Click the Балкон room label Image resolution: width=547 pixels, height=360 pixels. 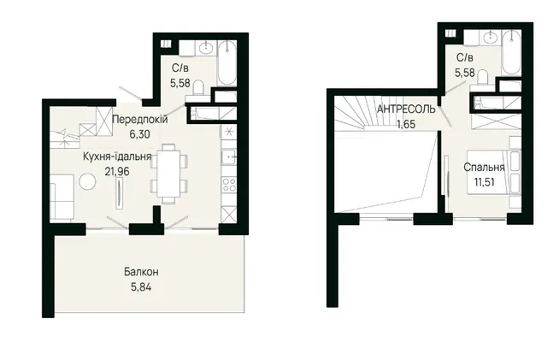pos(141,272)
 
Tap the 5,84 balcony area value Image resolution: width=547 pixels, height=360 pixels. pos(141,287)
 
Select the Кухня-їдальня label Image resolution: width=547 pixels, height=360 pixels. pos(117,156)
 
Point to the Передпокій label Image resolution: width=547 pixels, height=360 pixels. pos(140,120)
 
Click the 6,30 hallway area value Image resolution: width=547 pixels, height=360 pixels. pos(140,134)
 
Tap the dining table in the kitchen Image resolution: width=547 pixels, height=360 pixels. pos(169,174)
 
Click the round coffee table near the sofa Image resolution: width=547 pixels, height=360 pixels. pos(87,182)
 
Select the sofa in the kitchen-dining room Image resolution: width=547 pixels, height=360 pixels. pos(62,198)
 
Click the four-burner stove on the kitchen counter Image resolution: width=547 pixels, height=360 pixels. pos(229,185)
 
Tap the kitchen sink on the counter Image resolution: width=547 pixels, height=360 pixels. pos(229,156)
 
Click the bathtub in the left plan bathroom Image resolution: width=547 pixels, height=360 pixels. pos(226,62)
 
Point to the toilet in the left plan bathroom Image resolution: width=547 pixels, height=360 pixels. pos(198,87)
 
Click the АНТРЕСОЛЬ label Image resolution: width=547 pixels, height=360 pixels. pos(406,109)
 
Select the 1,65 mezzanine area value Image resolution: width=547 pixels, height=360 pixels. pos(406,124)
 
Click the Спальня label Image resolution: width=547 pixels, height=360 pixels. pos(485,168)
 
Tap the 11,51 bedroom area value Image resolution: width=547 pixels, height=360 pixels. pos(485,182)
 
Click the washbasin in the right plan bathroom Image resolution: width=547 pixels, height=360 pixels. pos(491,36)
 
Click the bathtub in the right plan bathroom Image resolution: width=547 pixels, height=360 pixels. pos(511,52)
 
